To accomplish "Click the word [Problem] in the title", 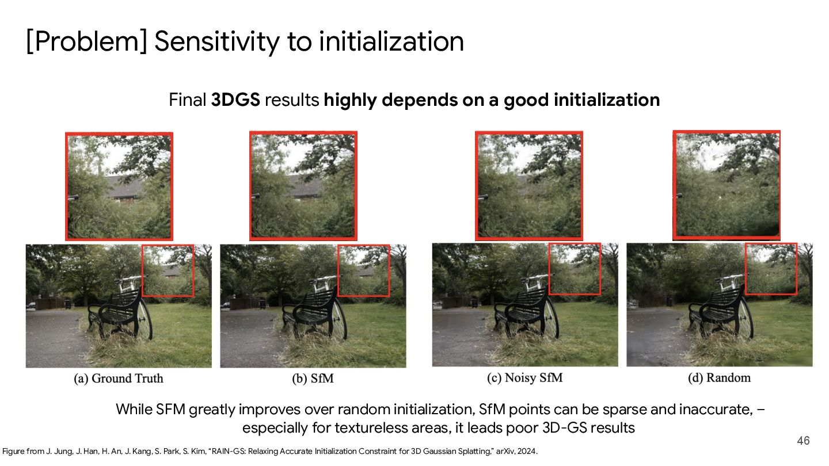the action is (x=87, y=41).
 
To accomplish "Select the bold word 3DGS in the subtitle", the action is (x=235, y=100).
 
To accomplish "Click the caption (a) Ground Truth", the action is (x=119, y=379).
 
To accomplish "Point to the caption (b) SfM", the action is (x=313, y=379).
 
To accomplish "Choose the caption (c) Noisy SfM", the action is (x=525, y=377).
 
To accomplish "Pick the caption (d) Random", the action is (x=719, y=377).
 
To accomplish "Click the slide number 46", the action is (x=803, y=441).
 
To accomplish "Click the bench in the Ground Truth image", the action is (x=116, y=312).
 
